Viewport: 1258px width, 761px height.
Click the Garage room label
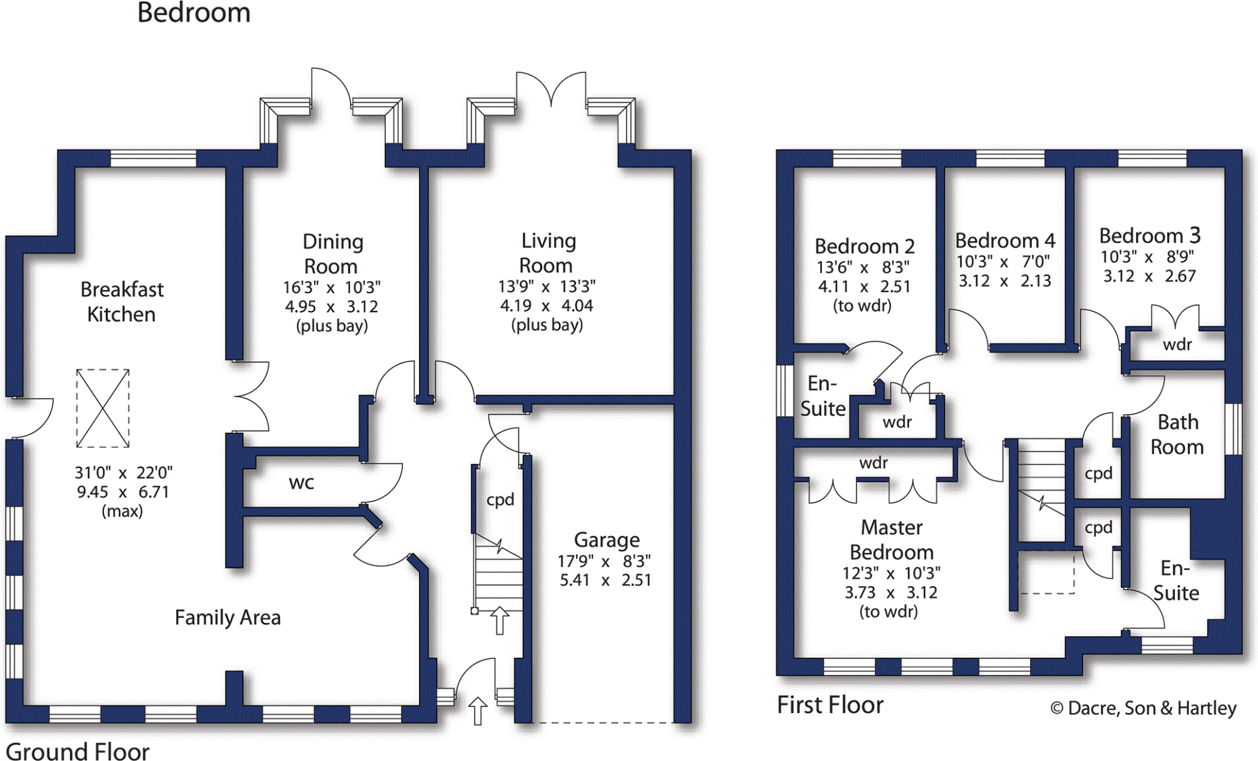click(606, 540)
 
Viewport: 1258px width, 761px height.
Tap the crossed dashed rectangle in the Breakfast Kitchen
click(103, 408)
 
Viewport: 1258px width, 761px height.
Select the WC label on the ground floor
click(301, 483)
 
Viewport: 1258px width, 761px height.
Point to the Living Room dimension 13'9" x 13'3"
click(546, 286)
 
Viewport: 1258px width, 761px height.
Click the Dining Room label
click(332, 254)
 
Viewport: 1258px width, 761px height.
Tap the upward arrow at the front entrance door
click(478, 711)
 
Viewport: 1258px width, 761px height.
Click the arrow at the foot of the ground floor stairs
click(499, 620)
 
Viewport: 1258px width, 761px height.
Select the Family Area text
click(227, 617)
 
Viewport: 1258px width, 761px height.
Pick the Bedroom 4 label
click(1004, 240)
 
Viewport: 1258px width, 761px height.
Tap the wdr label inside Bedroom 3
click(1177, 345)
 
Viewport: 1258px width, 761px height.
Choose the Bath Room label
click(1177, 434)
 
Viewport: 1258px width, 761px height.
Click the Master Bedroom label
click(891, 540)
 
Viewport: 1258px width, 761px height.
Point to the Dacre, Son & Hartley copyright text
click(1143, 708)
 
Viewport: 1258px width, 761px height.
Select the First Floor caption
click(830, 704)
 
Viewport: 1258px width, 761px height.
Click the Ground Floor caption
click(77, 751)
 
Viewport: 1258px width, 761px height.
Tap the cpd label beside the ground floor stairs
click(500, 499)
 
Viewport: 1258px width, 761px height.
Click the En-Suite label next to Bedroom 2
click(822, 396)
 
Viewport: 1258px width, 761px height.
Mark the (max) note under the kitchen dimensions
click(122, 511)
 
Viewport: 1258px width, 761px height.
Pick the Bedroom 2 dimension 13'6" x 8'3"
click(862, 267)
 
